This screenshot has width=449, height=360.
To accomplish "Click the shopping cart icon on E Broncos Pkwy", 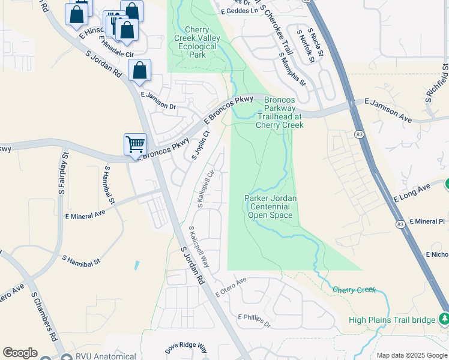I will [x=136, y=144].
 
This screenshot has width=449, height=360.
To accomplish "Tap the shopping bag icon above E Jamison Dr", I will [x=139, y=71].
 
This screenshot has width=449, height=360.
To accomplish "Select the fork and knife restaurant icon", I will [x=113, y=23].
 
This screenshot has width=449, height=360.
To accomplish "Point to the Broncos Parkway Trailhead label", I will [x=280, y=112].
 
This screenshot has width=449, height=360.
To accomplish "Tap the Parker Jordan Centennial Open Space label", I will [x=271, y=206].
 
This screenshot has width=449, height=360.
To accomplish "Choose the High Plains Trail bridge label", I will [x=391, y=320].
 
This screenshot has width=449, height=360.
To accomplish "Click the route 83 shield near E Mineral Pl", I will [x=400, y=223].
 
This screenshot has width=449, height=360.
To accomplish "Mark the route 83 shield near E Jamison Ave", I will [x=358, y=133].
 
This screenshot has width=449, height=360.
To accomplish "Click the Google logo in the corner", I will [x=20, y=352].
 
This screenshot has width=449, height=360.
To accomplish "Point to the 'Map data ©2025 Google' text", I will [x=412, y=355].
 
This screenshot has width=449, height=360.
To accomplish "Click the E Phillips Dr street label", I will [x=255, y=320].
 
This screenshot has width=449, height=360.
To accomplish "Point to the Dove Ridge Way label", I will [x=185, y=349].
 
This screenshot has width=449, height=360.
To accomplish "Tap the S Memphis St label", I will [x=292, y=67].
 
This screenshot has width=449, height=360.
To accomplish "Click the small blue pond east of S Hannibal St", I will [x=137, y=265].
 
